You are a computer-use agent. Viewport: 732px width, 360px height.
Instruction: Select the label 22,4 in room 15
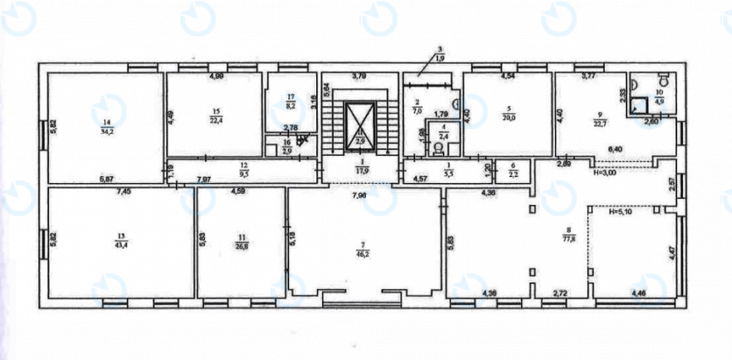pos(217,119)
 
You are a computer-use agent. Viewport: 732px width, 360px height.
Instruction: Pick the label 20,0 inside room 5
pos(509,119)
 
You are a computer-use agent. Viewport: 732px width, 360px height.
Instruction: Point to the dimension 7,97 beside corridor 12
pos(204,180)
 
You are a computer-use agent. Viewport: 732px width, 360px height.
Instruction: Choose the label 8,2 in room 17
pos(289,107)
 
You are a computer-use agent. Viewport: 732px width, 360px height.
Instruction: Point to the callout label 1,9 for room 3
pos(439,58)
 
